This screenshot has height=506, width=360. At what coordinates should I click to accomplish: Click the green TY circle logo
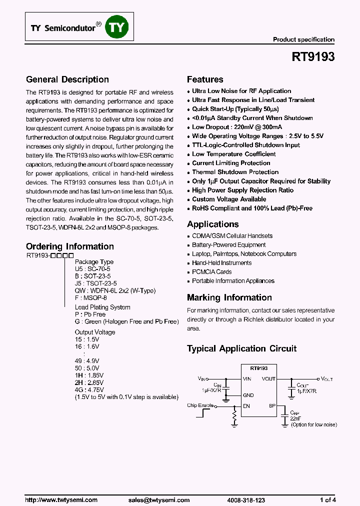116,28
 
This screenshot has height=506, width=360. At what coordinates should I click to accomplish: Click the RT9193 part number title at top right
313,57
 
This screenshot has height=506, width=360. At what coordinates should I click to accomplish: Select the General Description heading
67,79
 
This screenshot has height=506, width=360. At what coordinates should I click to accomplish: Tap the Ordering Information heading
70,246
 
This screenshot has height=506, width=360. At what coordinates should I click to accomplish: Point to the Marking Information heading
229,297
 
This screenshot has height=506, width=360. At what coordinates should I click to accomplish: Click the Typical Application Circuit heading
241,348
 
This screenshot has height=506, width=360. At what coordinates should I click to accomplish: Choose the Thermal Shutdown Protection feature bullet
235,172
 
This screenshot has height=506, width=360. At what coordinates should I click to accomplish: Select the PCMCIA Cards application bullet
211,272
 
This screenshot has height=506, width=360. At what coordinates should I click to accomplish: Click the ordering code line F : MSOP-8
91,297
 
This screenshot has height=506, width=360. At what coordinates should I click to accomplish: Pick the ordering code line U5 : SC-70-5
93,269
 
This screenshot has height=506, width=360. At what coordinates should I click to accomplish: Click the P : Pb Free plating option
90,314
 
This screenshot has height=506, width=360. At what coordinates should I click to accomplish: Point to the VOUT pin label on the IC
268,379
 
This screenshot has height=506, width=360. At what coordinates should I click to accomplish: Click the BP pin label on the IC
272,406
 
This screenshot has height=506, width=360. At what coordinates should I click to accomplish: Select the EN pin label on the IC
246,406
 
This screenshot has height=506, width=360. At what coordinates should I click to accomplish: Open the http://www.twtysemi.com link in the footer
61,500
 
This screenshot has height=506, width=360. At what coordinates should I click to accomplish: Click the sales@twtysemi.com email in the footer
159,500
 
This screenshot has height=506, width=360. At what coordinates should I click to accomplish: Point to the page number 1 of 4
328,500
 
